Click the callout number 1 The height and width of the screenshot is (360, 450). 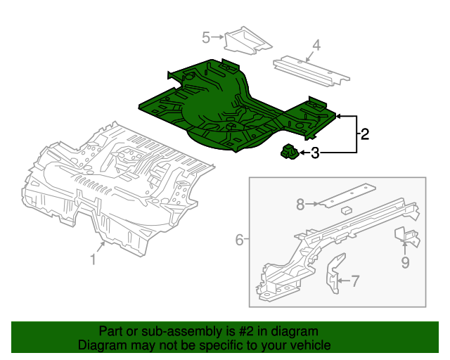[93, 259]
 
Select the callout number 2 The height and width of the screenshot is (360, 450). [364, 134]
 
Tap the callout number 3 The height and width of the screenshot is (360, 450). [315, 153]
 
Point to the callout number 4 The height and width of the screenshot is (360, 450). [316, 46]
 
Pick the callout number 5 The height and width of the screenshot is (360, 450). [206, 37]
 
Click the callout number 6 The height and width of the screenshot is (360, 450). [239, 240]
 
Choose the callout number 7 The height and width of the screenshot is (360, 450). [355, 282]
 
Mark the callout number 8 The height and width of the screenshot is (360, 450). [300, 205]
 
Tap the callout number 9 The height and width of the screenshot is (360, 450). [405, 262]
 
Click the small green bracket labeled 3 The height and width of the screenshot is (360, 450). [288, 151]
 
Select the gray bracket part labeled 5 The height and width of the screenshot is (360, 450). [246, 39]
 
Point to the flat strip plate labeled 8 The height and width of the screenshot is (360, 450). [345, 196]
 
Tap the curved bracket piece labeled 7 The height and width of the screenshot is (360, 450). [333, 274]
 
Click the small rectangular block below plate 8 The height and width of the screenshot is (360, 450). [347, 210]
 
